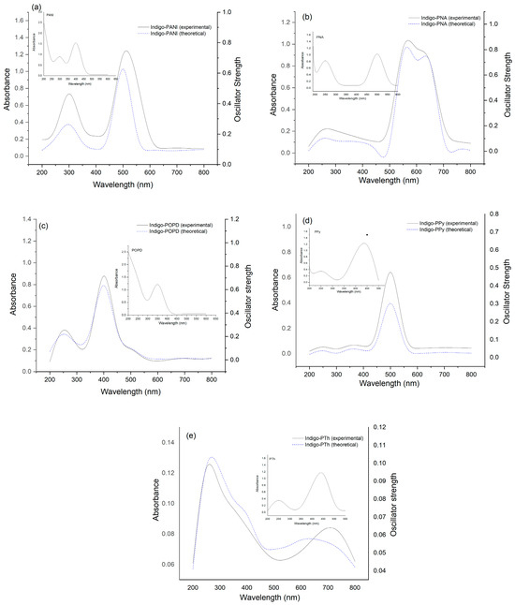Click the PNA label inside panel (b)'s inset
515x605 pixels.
coord(321,37)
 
